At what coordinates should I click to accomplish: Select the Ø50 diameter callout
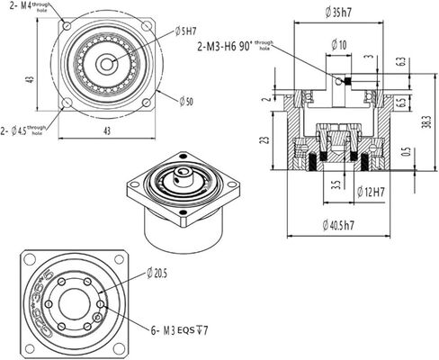[184, 102]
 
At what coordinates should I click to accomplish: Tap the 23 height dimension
[262, 140]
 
